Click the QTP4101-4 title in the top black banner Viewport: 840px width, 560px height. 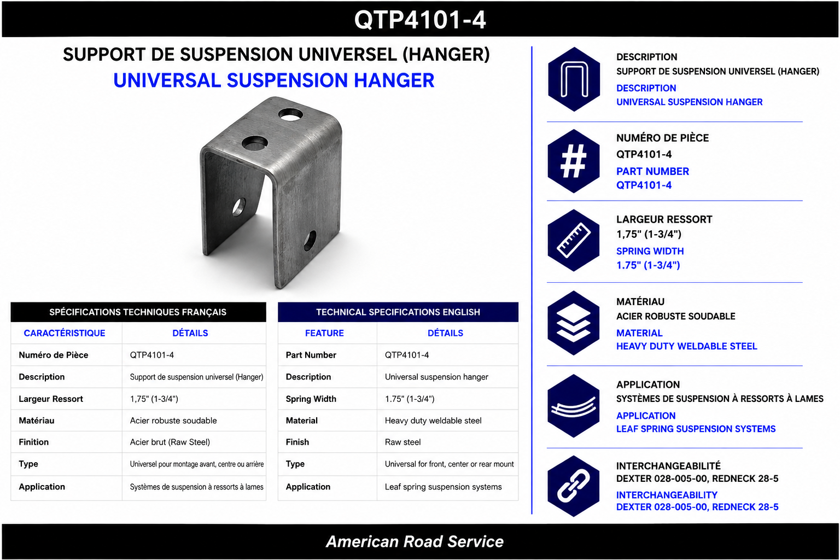420,20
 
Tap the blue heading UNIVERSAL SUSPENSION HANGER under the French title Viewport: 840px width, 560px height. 274,80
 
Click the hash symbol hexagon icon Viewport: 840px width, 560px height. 573,161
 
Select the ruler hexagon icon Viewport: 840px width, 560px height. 573,241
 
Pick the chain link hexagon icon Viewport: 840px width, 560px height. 573,486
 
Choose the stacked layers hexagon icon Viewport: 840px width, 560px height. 573,323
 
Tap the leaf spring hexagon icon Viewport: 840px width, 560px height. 573,406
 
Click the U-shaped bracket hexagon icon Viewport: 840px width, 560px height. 573,79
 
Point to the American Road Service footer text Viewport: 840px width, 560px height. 415,541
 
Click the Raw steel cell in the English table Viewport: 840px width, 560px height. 402,442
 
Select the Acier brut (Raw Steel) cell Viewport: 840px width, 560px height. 170,442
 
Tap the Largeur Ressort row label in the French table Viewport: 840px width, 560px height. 51,399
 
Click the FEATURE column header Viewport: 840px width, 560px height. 324,333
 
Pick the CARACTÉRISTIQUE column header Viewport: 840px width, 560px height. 65,333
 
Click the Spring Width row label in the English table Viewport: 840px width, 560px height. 311,399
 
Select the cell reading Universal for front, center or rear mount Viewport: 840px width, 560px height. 449,464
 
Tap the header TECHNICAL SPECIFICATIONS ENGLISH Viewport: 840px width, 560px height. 398,312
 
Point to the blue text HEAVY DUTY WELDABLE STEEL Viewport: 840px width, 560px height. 687,346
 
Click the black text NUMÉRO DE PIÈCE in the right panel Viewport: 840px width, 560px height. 663,138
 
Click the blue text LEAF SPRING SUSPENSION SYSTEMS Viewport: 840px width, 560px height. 696,429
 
